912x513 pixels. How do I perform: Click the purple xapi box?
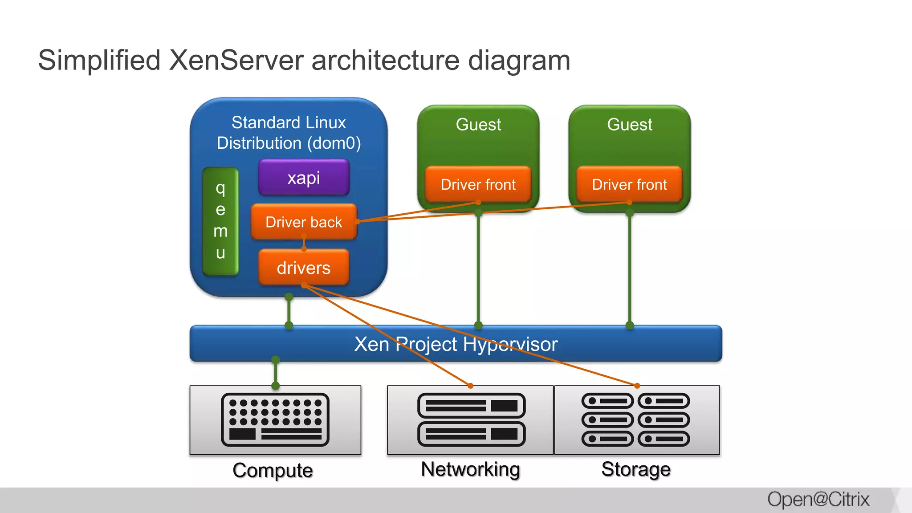pyautogui.click(x=304, y=178)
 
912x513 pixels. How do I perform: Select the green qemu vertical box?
pyautogui.click(x=220, y=221)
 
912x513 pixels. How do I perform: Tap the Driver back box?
pyautogui.click(x=304, y=222)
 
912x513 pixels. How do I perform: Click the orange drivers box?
pyautogui.click(x=304, y=268)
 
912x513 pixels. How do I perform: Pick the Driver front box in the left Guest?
pyautogui.click(x=478, y=184)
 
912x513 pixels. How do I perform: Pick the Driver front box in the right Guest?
pyautogui.click(x=629, y=184)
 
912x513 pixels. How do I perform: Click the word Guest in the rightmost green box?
pyautogui.click(x=629, y=124)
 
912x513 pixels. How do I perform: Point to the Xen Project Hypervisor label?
pyautogui.click(x=456, y=344)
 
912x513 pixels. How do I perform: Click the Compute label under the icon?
pyautogui.click(x=273, y=470)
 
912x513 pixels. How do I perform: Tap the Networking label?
pyautogui.click(x=470, y=469)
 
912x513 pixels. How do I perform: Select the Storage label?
pyautogui.click(x=636, y=469)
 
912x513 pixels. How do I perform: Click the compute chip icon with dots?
pyautogui.click(x=275, y=419)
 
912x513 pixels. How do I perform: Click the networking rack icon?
pyautogui.click(x=471, y=419)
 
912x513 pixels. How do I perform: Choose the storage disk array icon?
pyautogui.click(x=635, y=419)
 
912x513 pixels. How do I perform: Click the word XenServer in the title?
pyautogui.click(x=236, y=60)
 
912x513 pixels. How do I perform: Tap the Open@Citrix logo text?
pyautogui.click(x=818, y=499)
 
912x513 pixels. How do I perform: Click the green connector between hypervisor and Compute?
pyautogui.click(x=276, y=373)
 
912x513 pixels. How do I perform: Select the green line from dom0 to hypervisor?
pyautogui.click(x=289, y=311)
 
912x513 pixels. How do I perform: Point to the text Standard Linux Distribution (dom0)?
pyautogui.click(x=289, y=133)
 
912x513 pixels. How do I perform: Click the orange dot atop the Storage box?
pyautogui.click(x=637, y=386)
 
